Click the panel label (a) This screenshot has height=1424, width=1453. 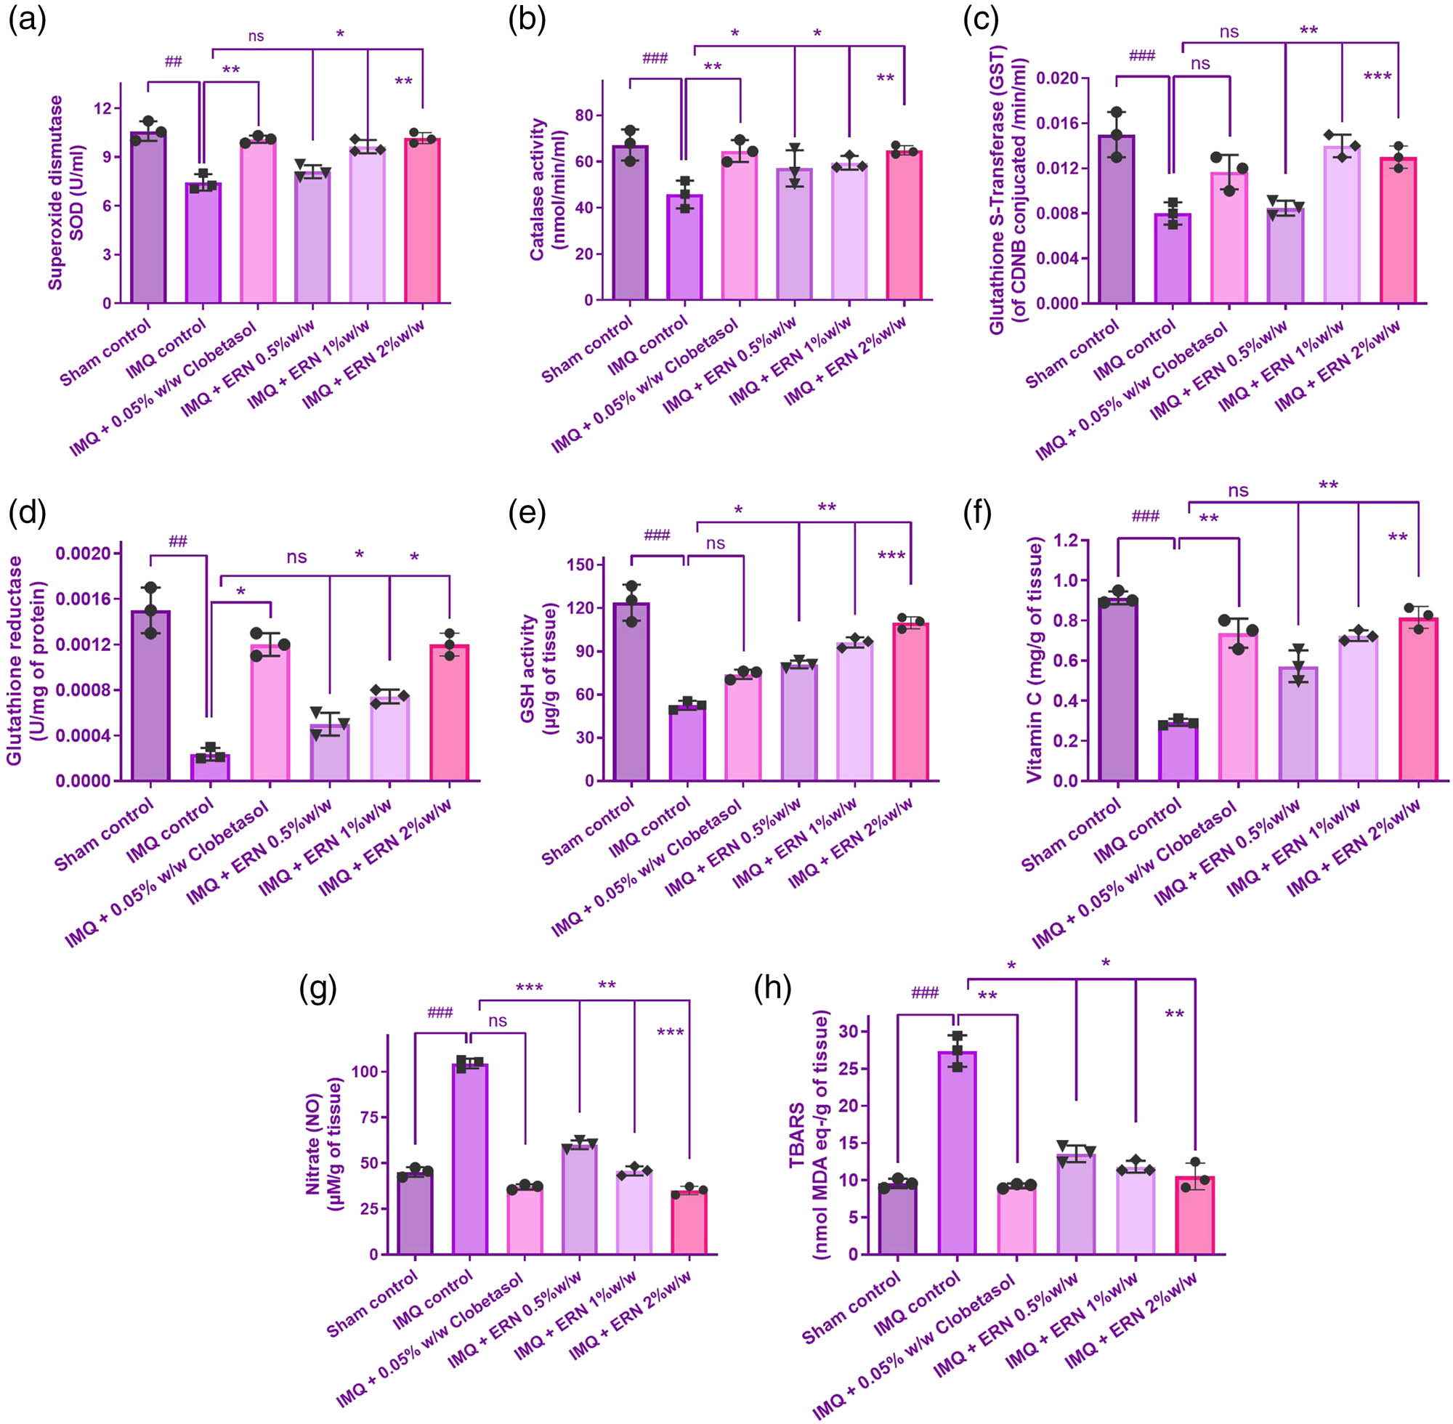point(27,20)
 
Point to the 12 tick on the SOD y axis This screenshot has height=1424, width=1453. point(102,108)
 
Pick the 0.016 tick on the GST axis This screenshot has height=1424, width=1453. point(1057,124)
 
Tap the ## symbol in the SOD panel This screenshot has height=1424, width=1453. point(173,62)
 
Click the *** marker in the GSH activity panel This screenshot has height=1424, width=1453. point(891,556)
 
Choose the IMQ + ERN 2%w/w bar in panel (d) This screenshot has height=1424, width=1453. point(450,713)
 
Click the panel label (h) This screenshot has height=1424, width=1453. point(772,990)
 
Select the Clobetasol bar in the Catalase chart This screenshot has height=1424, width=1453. point(740,226)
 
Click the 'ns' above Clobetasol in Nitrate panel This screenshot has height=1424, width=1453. point(498,1022)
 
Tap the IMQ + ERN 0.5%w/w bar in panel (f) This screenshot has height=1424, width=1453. point(1298,723)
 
